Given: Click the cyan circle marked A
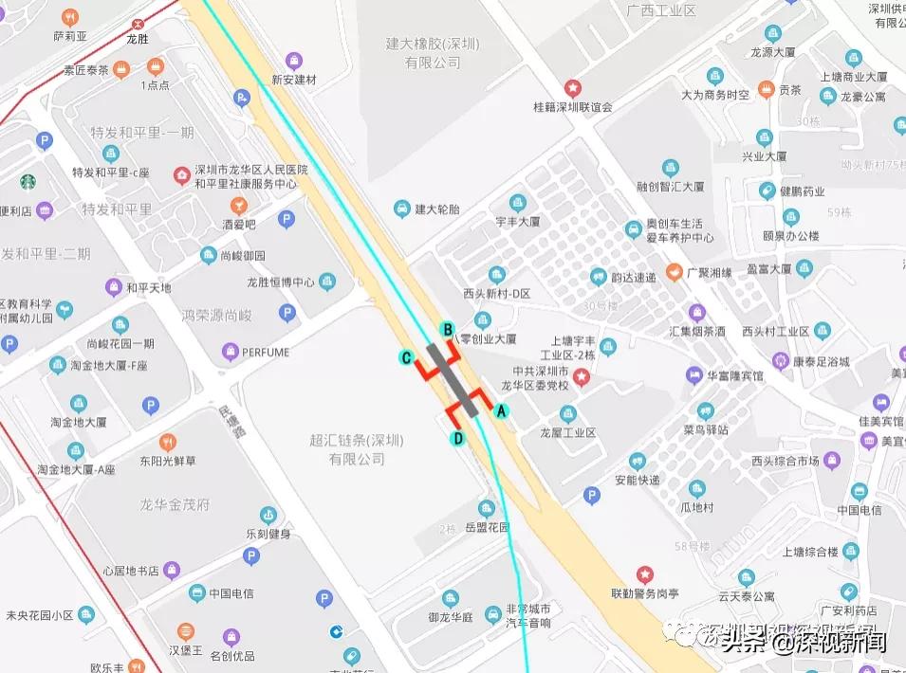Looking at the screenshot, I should (x=502, y=410).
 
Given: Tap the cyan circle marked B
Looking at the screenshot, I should (x=449, y=329).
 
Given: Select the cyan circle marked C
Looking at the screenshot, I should (x=405, y=357).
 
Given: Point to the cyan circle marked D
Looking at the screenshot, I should (x=457, y=438).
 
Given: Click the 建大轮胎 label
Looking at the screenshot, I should (x=436, y=209).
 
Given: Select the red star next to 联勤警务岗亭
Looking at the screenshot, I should (x=644, y=573).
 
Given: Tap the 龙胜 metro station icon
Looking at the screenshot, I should (x=139, y=23).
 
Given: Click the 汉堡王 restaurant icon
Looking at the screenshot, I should (x=185, y=631).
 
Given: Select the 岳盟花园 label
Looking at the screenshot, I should (x=488, y=527).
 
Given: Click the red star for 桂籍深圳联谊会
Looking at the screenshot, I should (x=572, y=87).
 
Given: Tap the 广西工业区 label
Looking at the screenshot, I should (x=661, y=10).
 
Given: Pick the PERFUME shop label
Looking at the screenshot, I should (x=265, y=353).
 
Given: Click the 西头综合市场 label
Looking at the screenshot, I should (x=784, y=462).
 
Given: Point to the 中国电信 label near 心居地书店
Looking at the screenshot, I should (x=231, y=593).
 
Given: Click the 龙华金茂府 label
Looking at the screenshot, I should (x=175, y=503).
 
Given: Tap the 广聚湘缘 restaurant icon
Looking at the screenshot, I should (x=673, y=273).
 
